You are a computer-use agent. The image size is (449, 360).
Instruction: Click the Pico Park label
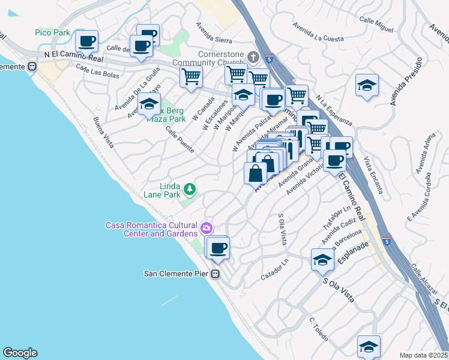click(x=52, y=32)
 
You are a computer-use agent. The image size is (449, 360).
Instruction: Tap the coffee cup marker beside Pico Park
click(x=87, y=41)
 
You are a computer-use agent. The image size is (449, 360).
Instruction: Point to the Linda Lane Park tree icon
click(x=190, y=190)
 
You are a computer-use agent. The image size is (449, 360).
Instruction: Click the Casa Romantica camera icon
click(x=206, y=227)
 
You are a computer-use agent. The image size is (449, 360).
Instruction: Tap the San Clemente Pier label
click(x=176, y=274)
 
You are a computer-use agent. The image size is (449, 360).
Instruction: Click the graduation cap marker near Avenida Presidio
click(x=367, y=85)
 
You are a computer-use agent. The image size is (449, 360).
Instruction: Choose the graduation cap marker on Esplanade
click(x=322, y=260)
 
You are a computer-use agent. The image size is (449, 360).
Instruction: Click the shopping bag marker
click(x=255, y=173)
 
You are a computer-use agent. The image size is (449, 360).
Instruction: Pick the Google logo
click(x=20, y=353)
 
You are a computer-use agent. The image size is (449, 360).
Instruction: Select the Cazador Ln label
click(x=275, y=268)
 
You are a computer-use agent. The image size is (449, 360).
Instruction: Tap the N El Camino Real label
click(x=73, y=55)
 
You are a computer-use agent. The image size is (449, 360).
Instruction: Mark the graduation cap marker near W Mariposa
click(x=243, y=95)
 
